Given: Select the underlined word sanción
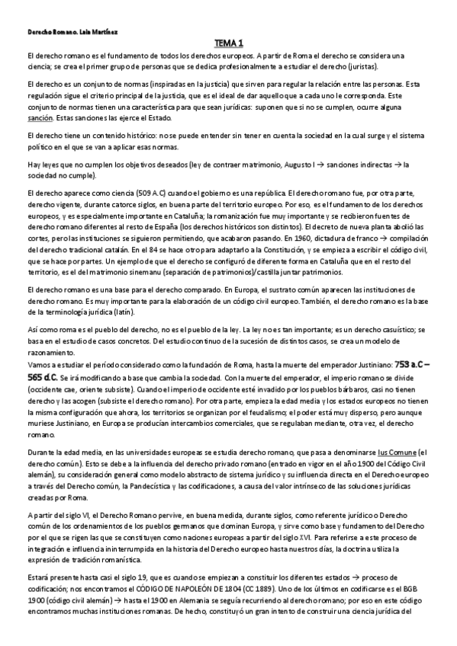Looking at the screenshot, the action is click(x=40, y=119).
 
